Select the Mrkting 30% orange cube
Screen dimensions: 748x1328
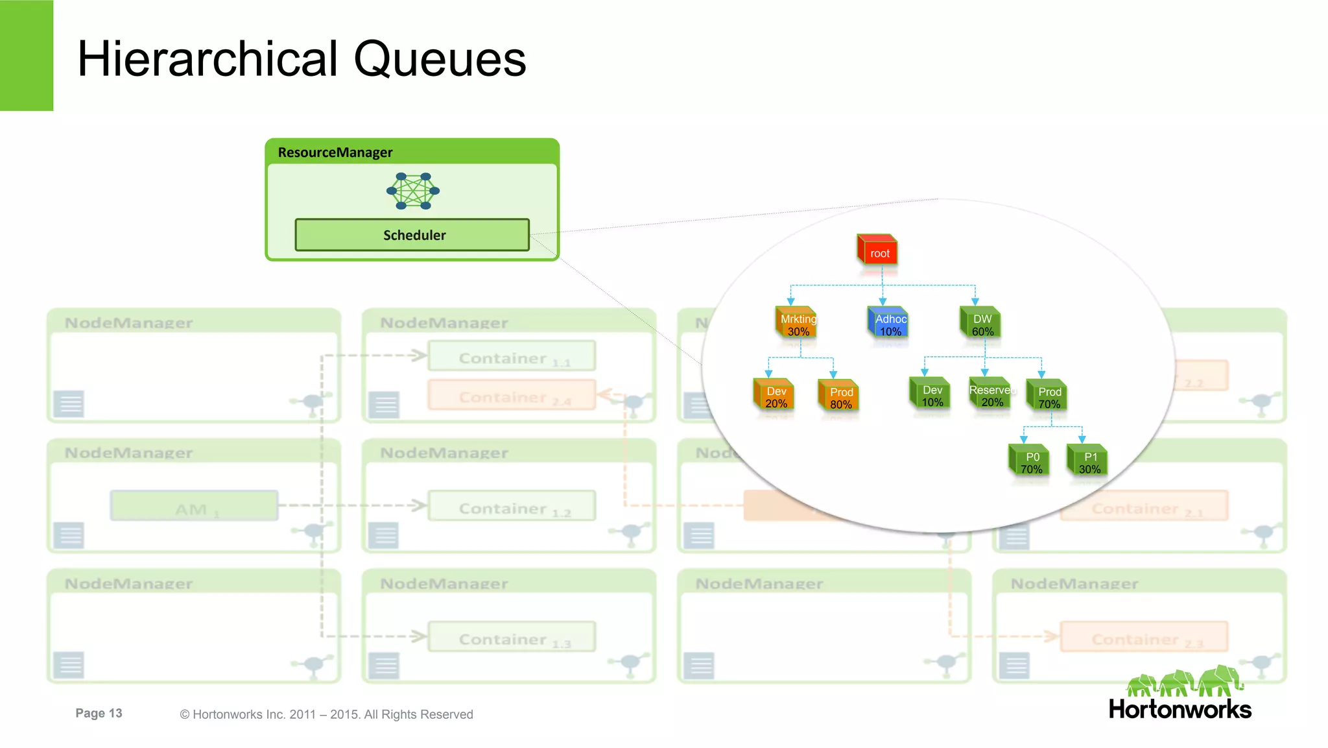click(x=797, y=323)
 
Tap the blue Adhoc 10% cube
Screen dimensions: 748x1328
click(x=889, y=323)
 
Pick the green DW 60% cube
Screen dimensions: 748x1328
click(x=981, y=323)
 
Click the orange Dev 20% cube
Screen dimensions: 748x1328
click(x=775, y=395)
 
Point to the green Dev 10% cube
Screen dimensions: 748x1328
click(x=931, y=394)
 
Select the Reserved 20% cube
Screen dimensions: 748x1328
click(x=991, y=394)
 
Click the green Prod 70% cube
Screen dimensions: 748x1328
click(x=1048, y=396)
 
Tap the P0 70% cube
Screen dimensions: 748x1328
click(x=1030, y=461)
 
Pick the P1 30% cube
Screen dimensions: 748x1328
click(x=1089, y=461)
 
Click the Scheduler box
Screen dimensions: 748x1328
click(x=412, y=235)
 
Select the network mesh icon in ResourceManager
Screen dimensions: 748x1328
click(x=413, y=191)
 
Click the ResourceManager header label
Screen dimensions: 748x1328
click(x=335, y=152)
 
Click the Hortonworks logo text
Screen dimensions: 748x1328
click(x=1180, y=709)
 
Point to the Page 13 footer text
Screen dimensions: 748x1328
click(x=99, y=713)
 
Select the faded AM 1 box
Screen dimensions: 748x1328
click(x=195, y=506)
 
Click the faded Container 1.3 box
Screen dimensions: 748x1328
click(x=512, y=637)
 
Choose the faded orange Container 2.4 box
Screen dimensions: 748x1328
click(x=512, y=395)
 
